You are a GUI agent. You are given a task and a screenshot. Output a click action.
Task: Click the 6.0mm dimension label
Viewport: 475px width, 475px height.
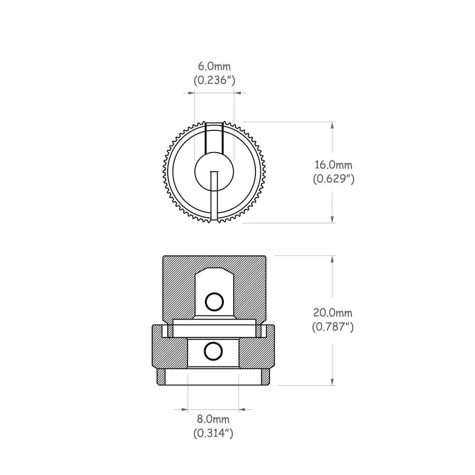[214, 66]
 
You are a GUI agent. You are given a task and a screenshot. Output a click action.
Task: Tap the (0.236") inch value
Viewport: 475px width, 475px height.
[214, 80]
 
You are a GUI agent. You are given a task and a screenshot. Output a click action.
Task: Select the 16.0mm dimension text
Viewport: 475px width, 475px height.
[333, 165]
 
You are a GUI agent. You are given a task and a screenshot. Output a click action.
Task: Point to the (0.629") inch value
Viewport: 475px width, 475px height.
[333, 179]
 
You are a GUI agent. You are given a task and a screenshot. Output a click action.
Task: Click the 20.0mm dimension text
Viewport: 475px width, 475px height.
[332, 313]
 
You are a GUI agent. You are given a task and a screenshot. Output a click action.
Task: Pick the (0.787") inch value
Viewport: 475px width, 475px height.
[332, 327]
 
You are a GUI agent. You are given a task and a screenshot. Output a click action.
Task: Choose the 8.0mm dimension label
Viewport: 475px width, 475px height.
[213, 419]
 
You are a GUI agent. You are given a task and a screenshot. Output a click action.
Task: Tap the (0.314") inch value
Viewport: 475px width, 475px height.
[213, 433]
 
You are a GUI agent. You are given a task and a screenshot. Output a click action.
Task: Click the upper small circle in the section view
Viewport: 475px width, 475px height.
[212, 301]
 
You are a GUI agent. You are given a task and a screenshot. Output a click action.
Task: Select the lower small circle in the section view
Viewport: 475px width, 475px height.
[212, 351]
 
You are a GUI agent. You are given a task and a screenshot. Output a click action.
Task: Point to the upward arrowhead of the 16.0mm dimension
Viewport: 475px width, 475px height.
[332, 125]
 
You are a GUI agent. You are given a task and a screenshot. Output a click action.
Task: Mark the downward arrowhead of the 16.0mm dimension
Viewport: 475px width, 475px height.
[332, 219]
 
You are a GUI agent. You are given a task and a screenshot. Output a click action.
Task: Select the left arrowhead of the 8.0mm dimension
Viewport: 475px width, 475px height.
[184, 410]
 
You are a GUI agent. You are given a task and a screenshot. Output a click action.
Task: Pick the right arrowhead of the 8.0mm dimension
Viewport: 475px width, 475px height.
[242, 410]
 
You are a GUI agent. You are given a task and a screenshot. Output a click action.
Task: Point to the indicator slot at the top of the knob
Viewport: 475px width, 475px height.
[214, 138]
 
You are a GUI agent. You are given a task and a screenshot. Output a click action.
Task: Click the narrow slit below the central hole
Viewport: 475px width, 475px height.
[214, 196]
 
